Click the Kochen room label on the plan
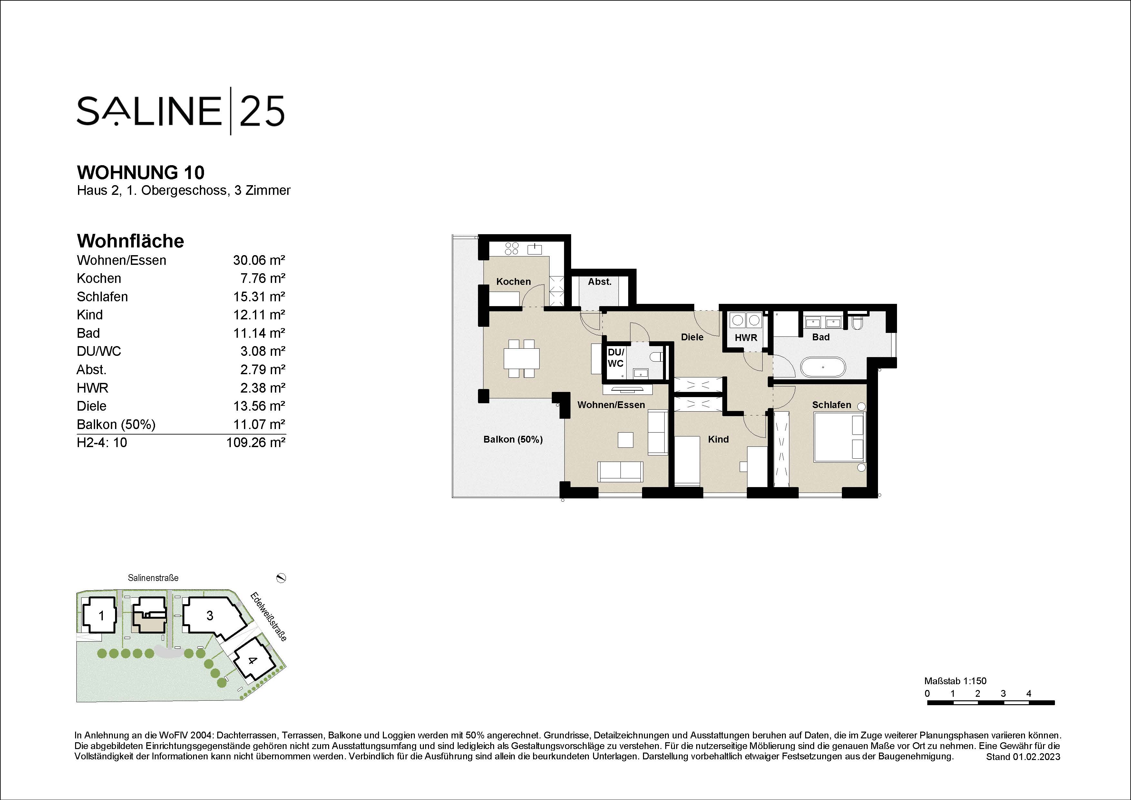click(x=513, y=282)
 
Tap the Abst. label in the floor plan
click(x=600, y=282)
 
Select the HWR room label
click(x=746, y=338)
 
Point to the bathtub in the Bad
click(x=823, y=367)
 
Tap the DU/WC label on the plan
click(x=616, y=358)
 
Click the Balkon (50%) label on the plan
click(x=513, y=439)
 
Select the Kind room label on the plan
click(x=718, y=439)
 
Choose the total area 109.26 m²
click(x=256, y=443)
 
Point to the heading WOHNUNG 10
click(x=141, y=173)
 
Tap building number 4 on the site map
click(x=252, y=661)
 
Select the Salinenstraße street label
click(x=153, y=578)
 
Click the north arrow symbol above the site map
click(x=281, y=578)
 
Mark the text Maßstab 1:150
click(x=955, y=681)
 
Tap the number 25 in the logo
click(x=262, y=111)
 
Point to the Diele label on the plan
click(x=692, y=337)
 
